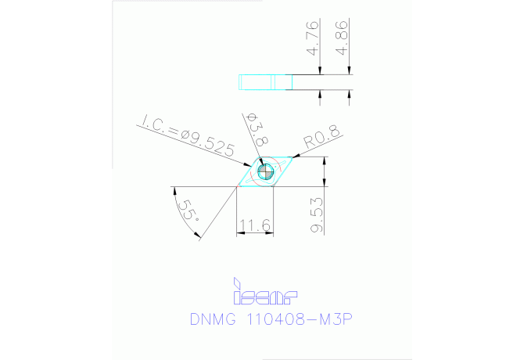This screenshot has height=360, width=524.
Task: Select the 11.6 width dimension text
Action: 255,226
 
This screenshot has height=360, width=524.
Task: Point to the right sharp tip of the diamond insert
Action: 297,158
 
